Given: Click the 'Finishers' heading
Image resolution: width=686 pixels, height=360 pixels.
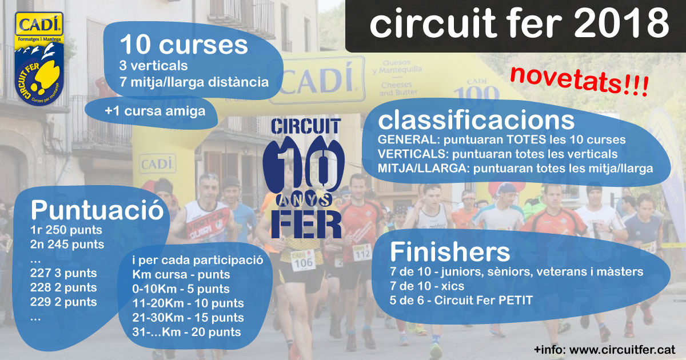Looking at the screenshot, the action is click(450, 251).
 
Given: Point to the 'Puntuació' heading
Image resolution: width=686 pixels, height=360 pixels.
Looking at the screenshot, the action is click(97, 210).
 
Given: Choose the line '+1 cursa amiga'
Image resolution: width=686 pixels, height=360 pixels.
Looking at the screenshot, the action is click(155, 111).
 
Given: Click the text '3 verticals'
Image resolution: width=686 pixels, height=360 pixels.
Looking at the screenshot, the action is click(153, 66).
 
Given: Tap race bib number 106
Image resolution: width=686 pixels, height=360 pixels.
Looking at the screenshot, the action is click(302, 262).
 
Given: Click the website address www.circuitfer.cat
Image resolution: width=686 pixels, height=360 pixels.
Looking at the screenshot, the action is click(623, 350).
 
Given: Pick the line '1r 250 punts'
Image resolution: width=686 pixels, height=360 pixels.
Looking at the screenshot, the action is click(66, 230).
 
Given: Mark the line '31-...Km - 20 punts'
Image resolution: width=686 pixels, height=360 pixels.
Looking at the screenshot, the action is click(186, 332).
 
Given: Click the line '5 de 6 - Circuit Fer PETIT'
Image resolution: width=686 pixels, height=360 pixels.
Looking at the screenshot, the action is click(461, 301).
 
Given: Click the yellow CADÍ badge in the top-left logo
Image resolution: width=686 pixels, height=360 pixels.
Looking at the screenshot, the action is click(39, 24).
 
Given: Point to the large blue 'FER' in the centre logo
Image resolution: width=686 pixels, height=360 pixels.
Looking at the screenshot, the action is click(306, 225).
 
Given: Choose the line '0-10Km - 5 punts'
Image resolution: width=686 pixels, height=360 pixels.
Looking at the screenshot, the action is click(181, 289).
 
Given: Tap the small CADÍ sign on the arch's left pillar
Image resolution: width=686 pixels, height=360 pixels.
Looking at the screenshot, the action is click(157, 164).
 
